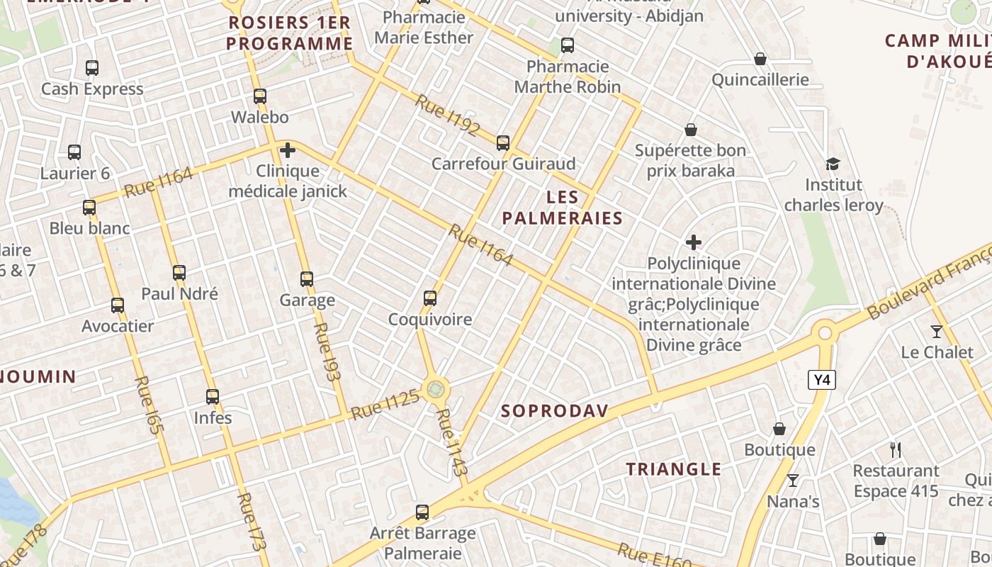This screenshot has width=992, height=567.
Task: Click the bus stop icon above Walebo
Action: tap(260, 96)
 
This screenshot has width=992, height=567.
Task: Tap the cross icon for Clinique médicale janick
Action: tap(288, 150)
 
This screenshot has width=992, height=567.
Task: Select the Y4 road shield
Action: tap(822, 380)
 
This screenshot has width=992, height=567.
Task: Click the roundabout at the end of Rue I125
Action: tap(435, 388)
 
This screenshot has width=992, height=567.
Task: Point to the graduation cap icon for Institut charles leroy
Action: tap(833, 164)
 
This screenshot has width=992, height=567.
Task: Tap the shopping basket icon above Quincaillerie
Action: tap(760, 59)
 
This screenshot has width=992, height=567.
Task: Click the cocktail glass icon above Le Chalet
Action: tap(937, 331)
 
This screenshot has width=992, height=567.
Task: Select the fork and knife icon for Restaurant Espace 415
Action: tap(896, 449)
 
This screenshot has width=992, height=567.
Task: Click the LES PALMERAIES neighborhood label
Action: tap(563, 208)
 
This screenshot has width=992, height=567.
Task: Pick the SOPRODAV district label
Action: tap(555, 411)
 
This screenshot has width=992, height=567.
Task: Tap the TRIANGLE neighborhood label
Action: tap(674, 469)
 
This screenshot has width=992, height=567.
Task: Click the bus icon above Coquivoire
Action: tap(430, 298)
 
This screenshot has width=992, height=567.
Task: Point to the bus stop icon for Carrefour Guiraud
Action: tap(503, 143)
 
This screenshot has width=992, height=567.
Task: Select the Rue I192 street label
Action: tap(447, 114)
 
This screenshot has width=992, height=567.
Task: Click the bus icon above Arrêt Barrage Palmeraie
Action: tap(422, 512)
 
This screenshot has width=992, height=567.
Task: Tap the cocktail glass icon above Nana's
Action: tap(793, 481)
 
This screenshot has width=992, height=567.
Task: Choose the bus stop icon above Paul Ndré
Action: tap(179, 273)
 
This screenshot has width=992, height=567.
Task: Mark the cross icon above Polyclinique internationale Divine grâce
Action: tap(694, 243)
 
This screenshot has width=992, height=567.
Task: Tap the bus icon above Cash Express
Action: tap(92, 68)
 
